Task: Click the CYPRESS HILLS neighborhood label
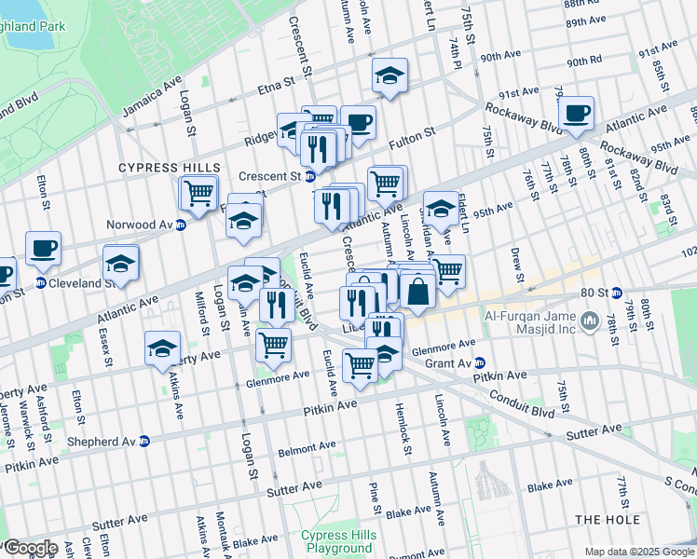tap(156, 168)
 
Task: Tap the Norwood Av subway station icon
tap(181, 225)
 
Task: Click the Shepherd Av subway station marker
tap(144, 442)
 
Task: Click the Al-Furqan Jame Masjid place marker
tap(589, 322)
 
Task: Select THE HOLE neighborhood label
tap(607, 519)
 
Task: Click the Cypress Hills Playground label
tap(336, 542)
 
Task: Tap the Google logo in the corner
tap(30, 548)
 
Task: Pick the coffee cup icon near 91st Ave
tap(576, 113)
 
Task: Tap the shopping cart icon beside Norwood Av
tap(198, 192)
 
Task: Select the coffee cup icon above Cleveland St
tap(43, 248)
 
